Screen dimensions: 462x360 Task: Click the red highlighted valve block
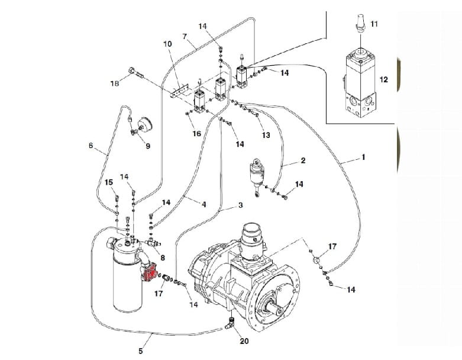[150, 272]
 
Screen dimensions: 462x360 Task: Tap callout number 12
[384, 79]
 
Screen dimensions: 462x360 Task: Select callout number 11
[374, 24]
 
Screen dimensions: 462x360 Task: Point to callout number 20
[244, 341]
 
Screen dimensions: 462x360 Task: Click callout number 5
[141, 351]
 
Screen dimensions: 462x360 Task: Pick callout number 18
[115, 83]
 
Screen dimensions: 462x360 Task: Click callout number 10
[167, 44]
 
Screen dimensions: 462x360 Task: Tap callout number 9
[148, 146]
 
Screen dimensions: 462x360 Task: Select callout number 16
[196, 134]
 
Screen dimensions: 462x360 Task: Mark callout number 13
[266, 135]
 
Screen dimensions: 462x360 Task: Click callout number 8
[162, 258]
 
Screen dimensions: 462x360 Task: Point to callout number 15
[109, 182]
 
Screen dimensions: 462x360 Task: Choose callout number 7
[185, 37]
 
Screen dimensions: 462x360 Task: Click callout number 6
[91, 145]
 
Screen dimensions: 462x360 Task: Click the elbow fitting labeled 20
[230, 323]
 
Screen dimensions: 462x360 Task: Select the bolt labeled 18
[136, 72]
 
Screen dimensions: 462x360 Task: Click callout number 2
[303, 160]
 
